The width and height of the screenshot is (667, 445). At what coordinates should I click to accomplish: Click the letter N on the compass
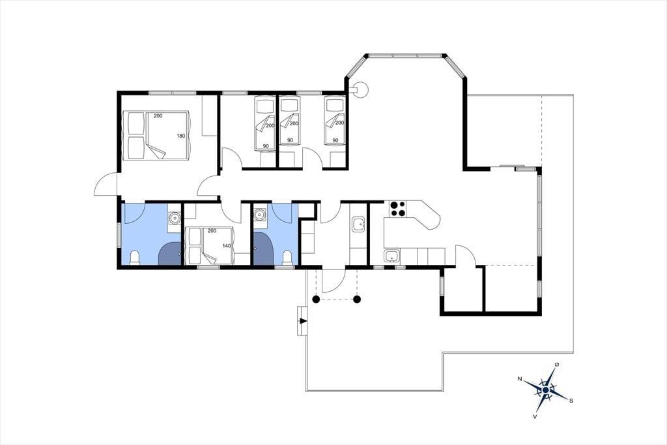coord(519,378)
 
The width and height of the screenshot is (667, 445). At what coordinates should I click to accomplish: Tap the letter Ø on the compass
coord(557,365)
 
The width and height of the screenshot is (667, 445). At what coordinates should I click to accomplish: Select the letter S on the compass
coord(571,400)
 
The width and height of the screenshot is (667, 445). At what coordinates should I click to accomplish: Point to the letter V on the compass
coord(535,416)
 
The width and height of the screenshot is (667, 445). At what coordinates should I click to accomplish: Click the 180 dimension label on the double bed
coord(181,136)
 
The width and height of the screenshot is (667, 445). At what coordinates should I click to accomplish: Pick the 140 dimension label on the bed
coord(226,246)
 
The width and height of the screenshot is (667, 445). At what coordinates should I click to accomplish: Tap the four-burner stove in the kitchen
coord(398,209)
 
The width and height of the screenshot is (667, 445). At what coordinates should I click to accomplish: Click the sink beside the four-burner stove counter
coord(391,256)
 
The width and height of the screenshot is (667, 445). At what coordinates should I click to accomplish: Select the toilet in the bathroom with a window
coord(134,258)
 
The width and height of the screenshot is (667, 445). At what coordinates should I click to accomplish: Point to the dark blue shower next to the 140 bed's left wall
coord(170,254)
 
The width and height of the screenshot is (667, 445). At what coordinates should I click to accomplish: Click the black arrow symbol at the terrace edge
coord(303,321)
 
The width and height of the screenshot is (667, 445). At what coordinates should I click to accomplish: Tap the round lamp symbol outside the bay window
coord(362,89)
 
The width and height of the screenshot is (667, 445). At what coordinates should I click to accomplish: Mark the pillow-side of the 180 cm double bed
coord(134,136)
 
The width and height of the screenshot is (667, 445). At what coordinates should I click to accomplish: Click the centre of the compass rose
coord(546,390)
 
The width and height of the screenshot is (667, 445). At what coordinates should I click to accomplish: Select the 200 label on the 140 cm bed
coord(212,230)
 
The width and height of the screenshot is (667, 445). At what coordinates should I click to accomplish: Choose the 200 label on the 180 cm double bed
coord(158,116)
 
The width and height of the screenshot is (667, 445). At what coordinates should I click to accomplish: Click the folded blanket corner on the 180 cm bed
coord(156,151)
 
